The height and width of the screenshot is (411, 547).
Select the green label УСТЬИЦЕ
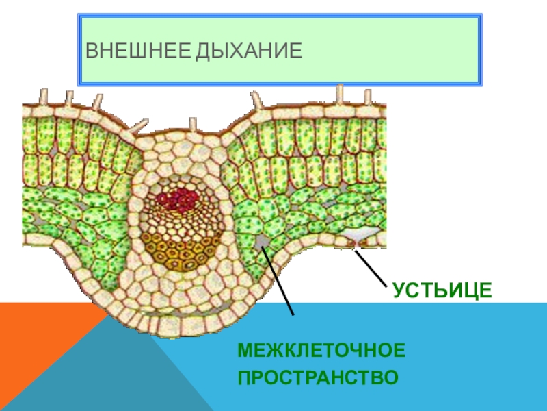pos(442,290)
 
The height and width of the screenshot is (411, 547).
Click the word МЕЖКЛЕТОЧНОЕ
pos(321,351)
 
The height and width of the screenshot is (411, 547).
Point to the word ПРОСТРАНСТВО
pos(318,377)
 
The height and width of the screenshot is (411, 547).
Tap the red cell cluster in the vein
pos(177,200)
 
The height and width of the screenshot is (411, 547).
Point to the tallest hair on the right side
pos(340,93)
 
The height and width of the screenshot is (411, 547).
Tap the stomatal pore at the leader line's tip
pos(353,245)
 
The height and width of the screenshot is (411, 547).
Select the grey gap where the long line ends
pos(262,242)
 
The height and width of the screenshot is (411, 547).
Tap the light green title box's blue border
pos(280,14)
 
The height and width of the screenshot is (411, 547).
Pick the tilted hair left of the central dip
pos(139,125)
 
